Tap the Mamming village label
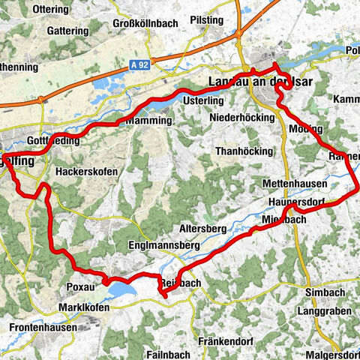[x=151, y=120]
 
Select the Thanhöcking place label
[x=244, y=151]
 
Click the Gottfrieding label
[x=52, y=142]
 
